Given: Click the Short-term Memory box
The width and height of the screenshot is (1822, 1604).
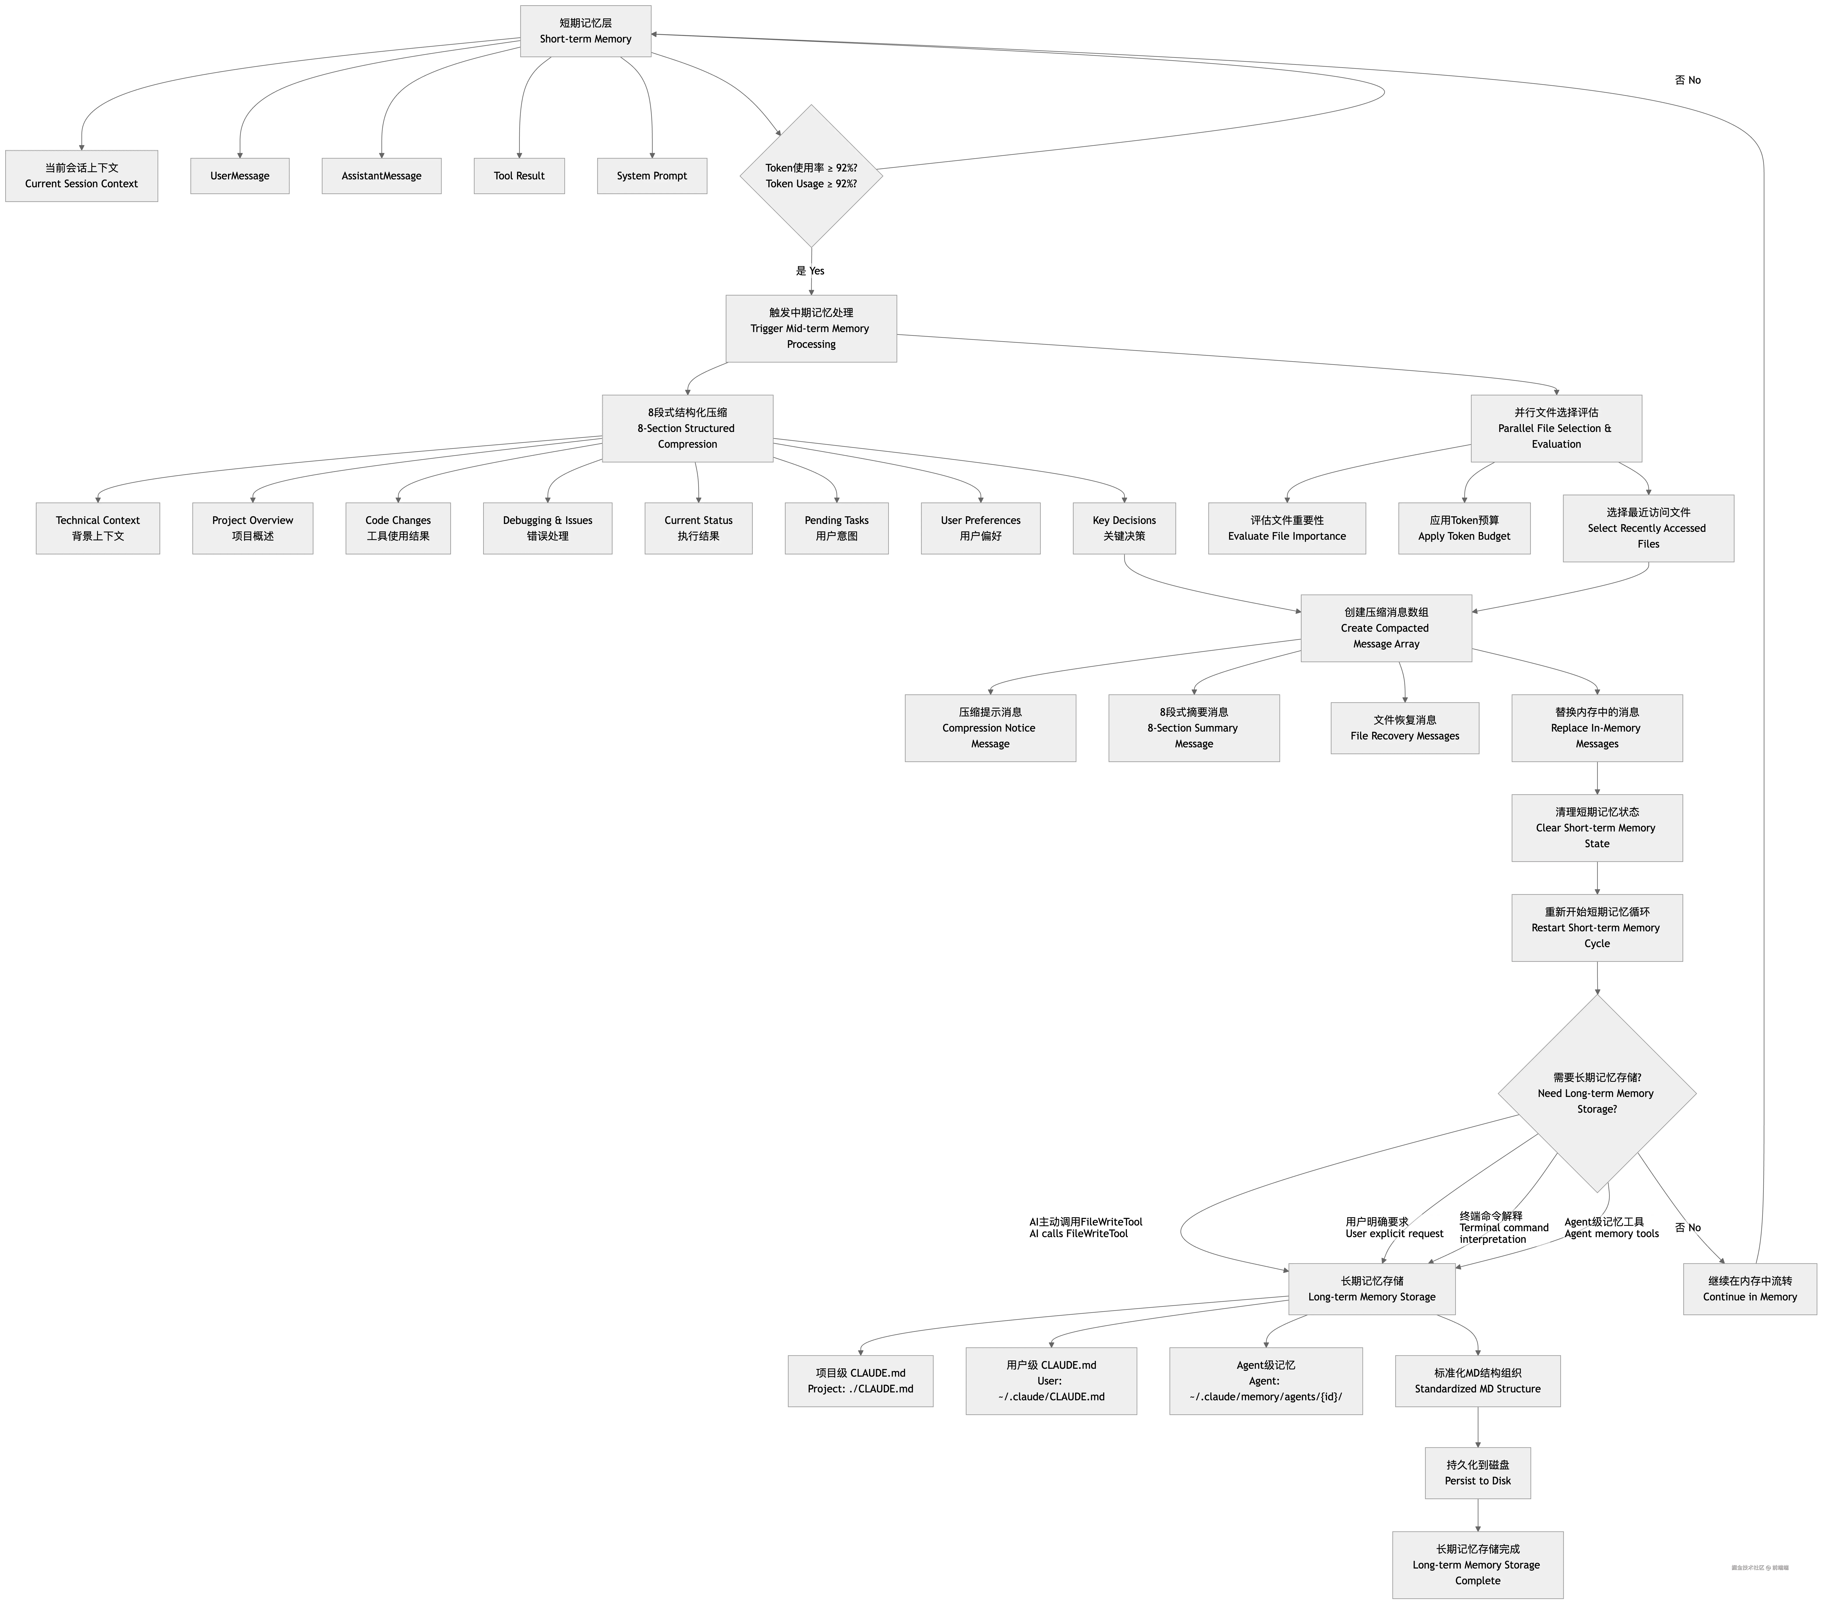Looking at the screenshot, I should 585,31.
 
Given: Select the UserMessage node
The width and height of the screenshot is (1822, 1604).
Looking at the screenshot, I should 240,176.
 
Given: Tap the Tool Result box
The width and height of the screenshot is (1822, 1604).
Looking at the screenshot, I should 519,176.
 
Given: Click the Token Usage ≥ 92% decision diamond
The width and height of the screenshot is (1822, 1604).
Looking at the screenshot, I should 811,176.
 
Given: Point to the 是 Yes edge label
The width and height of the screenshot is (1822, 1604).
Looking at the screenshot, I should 810,270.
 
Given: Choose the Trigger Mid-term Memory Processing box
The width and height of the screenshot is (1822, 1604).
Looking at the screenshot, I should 811,328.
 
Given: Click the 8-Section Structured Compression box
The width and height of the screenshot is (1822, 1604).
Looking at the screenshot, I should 687,428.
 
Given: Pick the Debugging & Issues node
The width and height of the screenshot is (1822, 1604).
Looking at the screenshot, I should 547,528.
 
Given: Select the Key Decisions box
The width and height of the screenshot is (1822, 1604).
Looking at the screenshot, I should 1124,528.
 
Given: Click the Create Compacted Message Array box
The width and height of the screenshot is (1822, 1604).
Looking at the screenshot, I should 1386,628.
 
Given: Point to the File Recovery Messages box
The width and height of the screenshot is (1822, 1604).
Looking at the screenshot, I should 1405,728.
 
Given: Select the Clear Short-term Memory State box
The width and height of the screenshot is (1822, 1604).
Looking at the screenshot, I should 1596,828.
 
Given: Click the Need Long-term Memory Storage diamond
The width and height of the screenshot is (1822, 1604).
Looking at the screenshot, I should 1596,1093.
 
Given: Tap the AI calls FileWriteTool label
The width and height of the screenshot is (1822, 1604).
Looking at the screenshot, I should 1085,1228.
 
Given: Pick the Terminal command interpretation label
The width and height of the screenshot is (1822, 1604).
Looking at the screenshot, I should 1504,1228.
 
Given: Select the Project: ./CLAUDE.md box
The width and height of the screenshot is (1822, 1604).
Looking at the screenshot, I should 860,1381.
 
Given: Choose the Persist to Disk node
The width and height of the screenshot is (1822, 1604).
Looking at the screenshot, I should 1478,1473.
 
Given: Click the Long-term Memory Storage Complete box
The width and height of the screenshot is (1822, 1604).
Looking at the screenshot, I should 1478,1565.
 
